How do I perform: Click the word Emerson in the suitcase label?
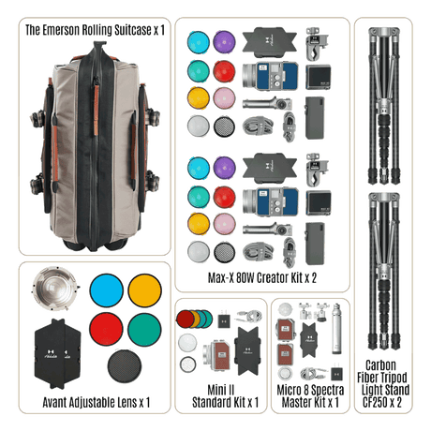tap(61, 30)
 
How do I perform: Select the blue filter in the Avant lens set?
tap(107, 290)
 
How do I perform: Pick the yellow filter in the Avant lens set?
tap(144, 290)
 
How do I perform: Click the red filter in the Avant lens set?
tap(106, 329)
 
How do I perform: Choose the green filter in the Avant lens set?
tap(144, 329)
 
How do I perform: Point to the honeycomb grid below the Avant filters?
tap(125, 366)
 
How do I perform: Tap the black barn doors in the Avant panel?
tap(57, 353)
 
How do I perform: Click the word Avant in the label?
tap(54, 402)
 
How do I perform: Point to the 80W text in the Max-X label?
tap(246, 277)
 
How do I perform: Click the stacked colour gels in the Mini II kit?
tap(194, 320)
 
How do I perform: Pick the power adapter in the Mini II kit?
tap(224, 320)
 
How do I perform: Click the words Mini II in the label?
tap(221, 390)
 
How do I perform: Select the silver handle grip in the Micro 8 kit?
tap(336, 329)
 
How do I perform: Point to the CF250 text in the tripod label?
tap(375, 402)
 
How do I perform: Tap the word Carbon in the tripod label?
tap(380, 365)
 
